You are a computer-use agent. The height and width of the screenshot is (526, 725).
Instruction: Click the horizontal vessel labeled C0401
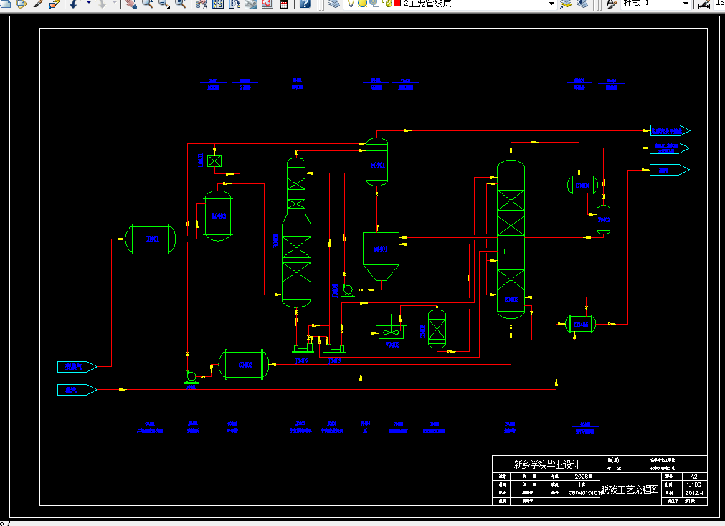pyautogui.click(x=151, y=239)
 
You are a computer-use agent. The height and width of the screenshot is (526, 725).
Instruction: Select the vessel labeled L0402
pyautogui.click(x=218, y=215)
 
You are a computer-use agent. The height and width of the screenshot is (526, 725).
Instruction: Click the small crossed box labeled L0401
pyautogui.click(x=214, y=161)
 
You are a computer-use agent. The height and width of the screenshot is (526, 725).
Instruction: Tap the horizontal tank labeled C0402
pyautogui.click(x=244, y=365)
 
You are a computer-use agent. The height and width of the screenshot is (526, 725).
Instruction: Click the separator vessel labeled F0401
pyautogui.click(x=377, y=164)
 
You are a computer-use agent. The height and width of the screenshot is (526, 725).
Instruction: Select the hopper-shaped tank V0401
pyautogui.click(x=380, y=254)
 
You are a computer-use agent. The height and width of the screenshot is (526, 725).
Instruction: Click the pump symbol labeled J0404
pyautogui.click(x=349, y=290)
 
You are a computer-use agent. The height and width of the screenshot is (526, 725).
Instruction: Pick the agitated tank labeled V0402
pyautogui.click(x=392, y=332)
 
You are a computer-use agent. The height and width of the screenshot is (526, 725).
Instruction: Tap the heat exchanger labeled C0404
pyautogui.click(x=582, y=186)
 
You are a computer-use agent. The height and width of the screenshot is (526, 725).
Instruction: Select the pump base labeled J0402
pyautogui.click(x=302, y=349)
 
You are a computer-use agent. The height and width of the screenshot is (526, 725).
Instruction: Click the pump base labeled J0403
pyautogui.click(x=333, y=349)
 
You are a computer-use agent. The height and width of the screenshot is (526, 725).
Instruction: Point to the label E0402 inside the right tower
pyautogui.click(x=511, y=299)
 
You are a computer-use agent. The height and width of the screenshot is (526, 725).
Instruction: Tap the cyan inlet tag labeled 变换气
pyautogui.click(x=76, y=367)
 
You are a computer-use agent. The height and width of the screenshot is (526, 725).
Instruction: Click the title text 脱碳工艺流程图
pyautogui.click(x=629, y=490)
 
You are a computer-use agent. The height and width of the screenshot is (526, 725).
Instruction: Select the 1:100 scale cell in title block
pyautogui.click(x=693, y=484)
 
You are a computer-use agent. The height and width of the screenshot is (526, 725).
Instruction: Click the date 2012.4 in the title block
pyautogui.click(x=693, y=493)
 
